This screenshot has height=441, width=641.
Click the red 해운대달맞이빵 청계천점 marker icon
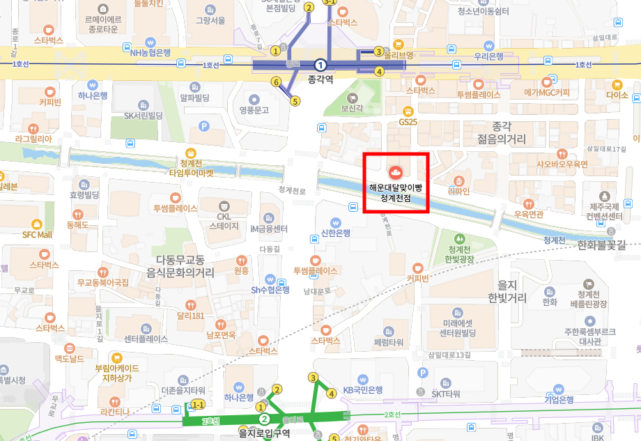point(395,171)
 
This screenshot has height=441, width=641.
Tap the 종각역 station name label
point(320,79)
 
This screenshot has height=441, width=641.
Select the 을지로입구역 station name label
point(264,433)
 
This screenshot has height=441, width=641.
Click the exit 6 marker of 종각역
point(276,82)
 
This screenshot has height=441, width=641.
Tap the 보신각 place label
point(353,109)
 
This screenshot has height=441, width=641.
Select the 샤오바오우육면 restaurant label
point(562,164)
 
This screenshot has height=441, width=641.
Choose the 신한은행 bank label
point(334,233)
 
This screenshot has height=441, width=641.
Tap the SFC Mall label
point(37,235)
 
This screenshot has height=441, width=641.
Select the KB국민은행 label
point(364,390)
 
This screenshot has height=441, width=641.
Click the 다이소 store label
point(617,95)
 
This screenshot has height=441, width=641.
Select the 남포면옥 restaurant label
point(220,335)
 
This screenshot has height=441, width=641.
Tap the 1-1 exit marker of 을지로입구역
point(198,405)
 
